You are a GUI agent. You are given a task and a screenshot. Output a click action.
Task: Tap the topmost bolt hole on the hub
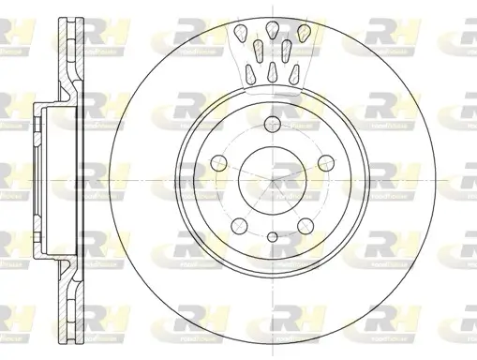[273, 124]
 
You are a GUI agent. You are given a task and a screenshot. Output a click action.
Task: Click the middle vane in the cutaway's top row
[272, 28]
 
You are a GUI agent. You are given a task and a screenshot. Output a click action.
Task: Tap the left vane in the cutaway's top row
[241, 36]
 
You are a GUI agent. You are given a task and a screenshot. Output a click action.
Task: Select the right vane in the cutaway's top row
[302, 35]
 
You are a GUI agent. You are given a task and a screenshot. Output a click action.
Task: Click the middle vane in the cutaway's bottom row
[272, 71]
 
